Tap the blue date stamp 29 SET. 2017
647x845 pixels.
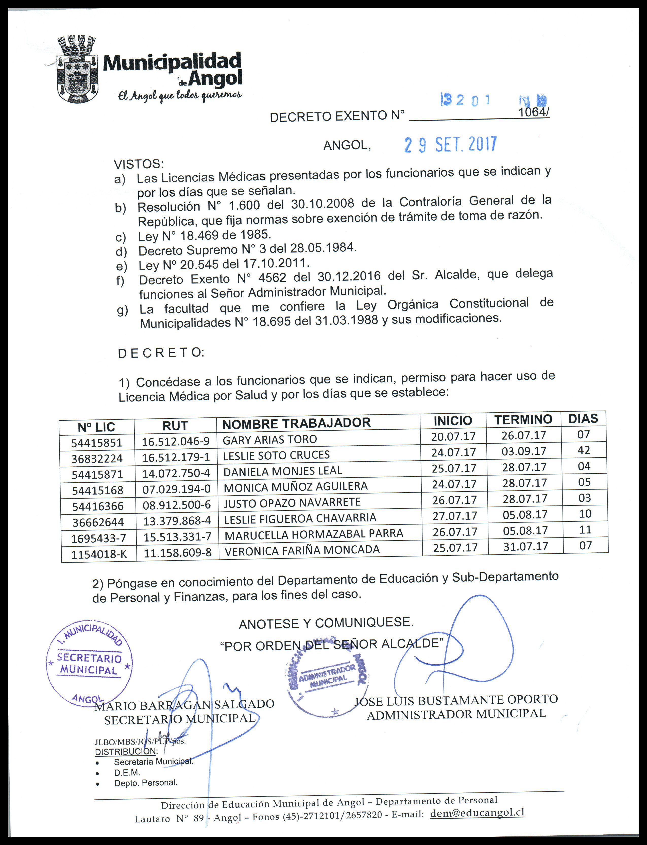(x=450, y=145)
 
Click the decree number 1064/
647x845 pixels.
(x=533, y=112)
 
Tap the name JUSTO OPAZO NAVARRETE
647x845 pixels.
(x=292, y=503)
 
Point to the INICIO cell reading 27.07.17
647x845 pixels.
(x=454, y=516)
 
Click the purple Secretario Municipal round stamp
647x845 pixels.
(x=89, y=664)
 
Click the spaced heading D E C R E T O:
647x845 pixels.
(x=161, y=353)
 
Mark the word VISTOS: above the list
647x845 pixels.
(x=139, y=164)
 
